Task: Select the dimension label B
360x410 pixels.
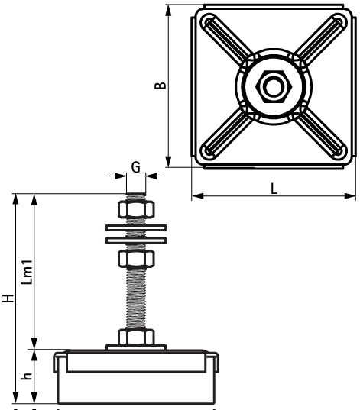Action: pyautogui.click(x=159, y=84)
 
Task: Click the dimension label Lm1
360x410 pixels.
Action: pyautogui.click(x=26, y=273)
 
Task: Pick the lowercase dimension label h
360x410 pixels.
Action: pyautogui.click(x=26, y=375)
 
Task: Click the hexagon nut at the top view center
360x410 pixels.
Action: pyautogui.click(x=272, y=86)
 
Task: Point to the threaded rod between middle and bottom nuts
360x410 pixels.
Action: pyautogui.click(x=137, y=298)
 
